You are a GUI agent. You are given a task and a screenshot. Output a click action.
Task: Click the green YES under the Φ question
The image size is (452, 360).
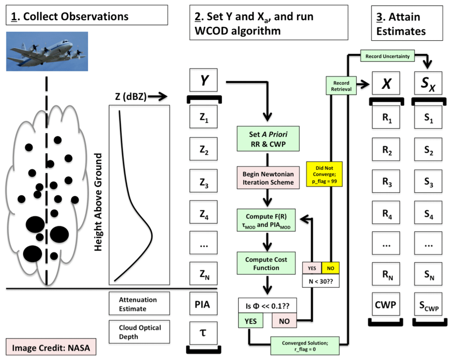pyautogui.click(x=250, y=320)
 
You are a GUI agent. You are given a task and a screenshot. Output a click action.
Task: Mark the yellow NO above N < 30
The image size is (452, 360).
pyautogui.click(x=330, y=267)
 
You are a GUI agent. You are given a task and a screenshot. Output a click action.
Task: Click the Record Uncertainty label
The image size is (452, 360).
pyautogui.click(x=387, y=56)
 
